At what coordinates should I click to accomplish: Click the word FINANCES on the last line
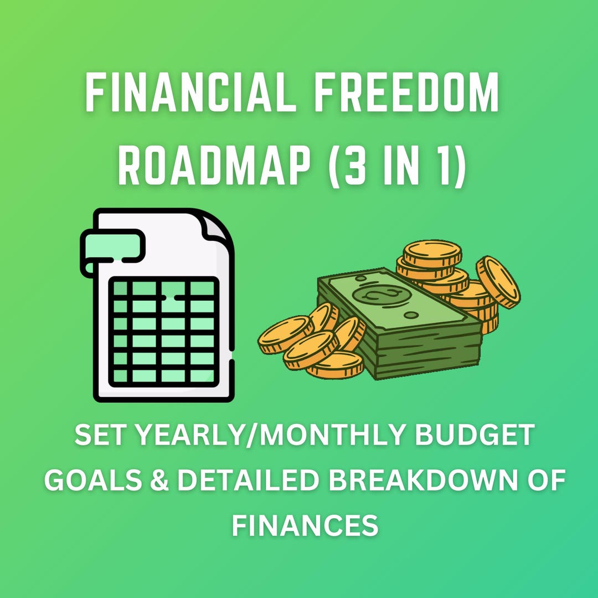tap(305, 524)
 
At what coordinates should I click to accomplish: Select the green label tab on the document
tap(114, 244)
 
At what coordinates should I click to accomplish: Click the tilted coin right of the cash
tap(498, 281)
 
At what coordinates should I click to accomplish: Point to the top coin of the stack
tap(432, 254)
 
